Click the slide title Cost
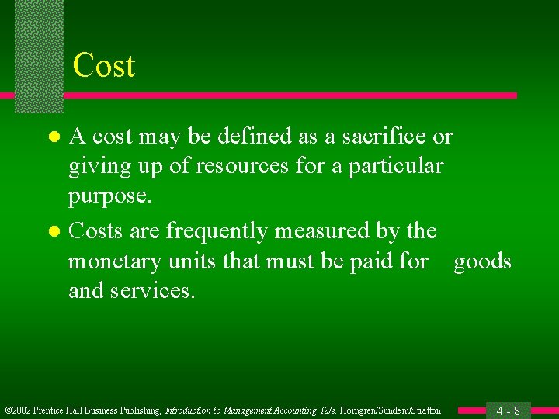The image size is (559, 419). (x=103, y=66)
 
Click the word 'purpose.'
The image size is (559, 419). (x=109, y=196)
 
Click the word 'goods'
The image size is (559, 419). (x=482, y=261)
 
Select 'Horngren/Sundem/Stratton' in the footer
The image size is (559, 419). (x=390, y=410)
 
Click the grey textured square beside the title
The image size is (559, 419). (x=39, y=54)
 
